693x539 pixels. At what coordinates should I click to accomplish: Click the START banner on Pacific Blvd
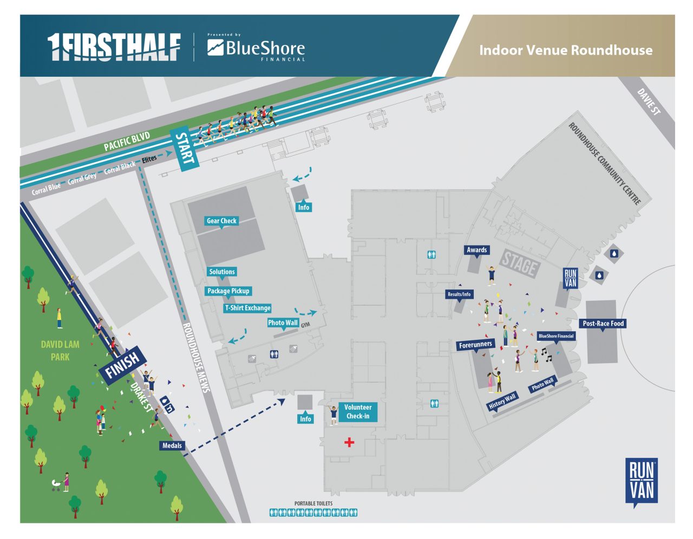click(184, 149)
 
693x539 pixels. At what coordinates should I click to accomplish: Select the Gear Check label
click(221, 221)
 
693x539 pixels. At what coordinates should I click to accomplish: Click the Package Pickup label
click(228, 291)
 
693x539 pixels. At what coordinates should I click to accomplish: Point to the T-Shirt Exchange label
click(247, 308)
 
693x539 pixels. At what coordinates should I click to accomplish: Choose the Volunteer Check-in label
click(358, 411)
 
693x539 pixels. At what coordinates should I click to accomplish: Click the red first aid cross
click(349, 443)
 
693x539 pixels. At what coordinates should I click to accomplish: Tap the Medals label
click(172, 445)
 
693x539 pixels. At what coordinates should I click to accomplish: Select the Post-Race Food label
click(603, 324)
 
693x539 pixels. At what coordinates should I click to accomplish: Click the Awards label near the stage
click(476, 250)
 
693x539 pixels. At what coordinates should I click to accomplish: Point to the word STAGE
click(519, 264)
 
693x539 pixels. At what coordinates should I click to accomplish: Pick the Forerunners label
click(475, 345)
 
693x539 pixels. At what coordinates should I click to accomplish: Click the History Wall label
click(502, 402)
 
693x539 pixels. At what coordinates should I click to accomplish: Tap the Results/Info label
click(459, 294)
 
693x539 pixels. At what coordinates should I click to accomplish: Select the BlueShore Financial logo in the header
click(256, 49)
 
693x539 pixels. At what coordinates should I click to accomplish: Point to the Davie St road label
click(649, 102)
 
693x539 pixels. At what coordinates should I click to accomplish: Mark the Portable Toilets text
click(313, 503)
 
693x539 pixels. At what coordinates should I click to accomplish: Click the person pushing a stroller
click(61, 483)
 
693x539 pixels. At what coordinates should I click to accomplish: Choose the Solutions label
click(222, 272)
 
